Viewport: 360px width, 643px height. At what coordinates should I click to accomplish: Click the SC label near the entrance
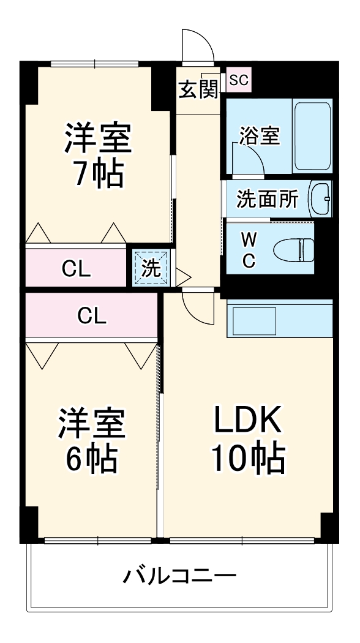click(239, 80)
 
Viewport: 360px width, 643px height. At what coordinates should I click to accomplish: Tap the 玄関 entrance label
click(198, 89)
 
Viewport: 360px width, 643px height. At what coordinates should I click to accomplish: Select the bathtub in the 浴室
click(312, 136)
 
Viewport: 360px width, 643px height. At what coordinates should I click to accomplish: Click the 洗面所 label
click(268, 199)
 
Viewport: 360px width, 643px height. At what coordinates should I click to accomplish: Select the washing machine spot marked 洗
click(151, 267)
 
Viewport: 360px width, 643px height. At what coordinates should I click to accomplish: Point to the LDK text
click(247, 421)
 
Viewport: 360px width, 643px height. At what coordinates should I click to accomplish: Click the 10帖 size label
click(248, 457)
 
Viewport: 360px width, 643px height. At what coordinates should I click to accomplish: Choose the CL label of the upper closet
click(77, 268)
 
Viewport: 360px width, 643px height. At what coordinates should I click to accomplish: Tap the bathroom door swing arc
click(250, 157)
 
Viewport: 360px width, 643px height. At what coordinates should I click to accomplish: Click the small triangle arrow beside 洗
click(182, 275)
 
